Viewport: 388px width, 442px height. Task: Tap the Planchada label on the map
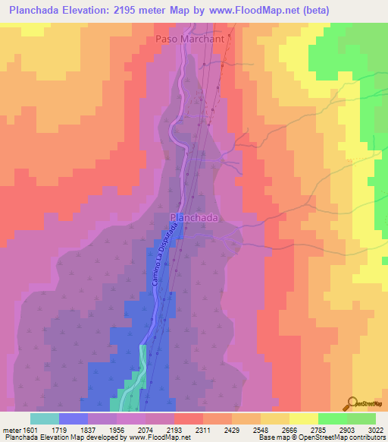coord(194,217)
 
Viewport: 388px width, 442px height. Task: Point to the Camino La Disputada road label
coord(161,259)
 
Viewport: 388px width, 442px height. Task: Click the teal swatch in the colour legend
coord(45,418)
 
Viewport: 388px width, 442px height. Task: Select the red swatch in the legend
coord(189,418)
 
